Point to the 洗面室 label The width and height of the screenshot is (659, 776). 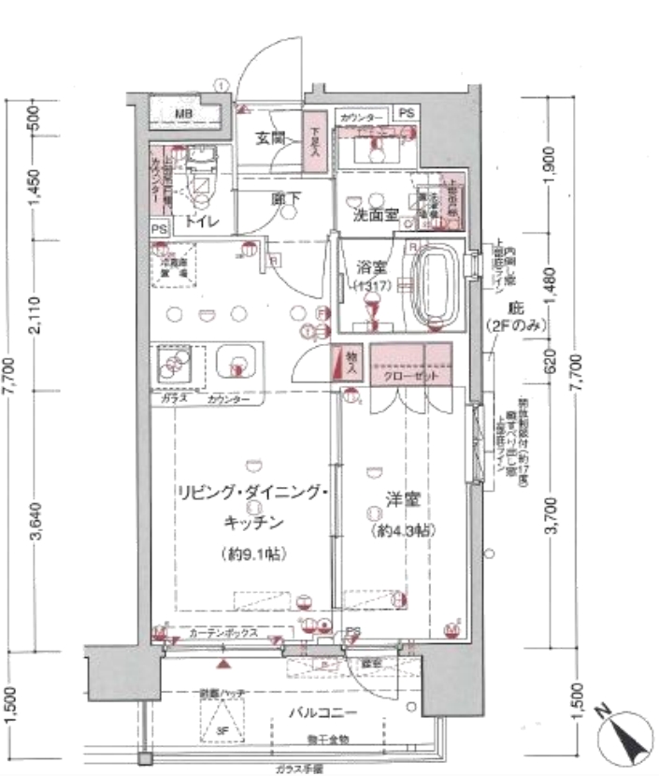[x=374, y=215]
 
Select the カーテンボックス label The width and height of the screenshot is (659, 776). [x=222, y=633]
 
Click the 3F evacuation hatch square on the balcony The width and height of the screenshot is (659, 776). [x=221, y=721]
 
